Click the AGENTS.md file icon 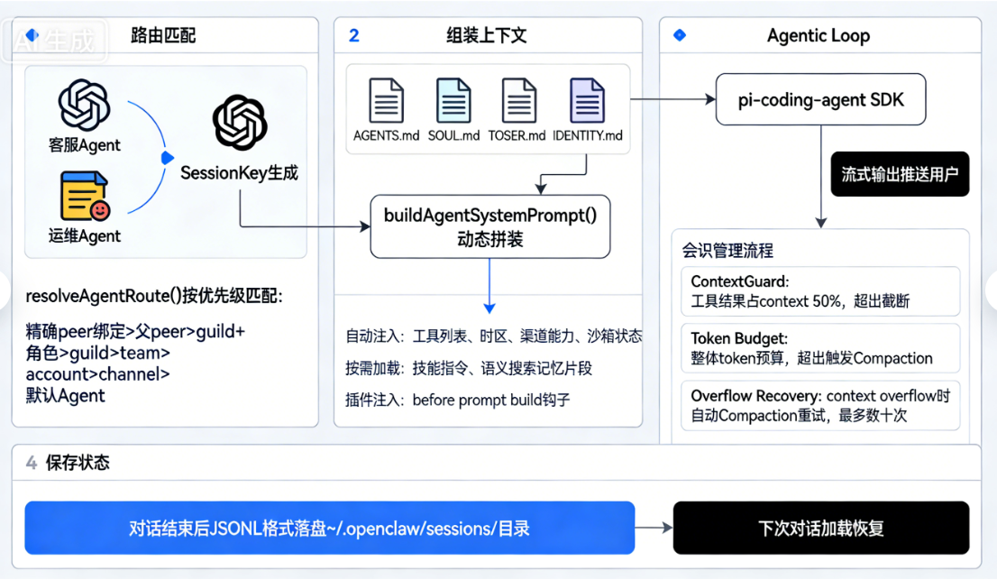click(x=386, y=100)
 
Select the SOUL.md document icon click(x=453, y=100)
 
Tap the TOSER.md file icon click(x=518, y=100)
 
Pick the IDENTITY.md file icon click(x=587, y=100)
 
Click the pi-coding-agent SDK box click(x=820, y=99)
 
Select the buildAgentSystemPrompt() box click(x=490, y=226)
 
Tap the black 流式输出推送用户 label click(x=900, y=174)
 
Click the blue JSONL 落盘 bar click(x=329, y=528)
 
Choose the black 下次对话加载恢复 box click(x=820, y=528)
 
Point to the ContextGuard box click(x=819, y=291)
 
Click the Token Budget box click(x=819, y=348)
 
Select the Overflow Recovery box click(x=819, y=405)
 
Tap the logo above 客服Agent click(x=84, y=106)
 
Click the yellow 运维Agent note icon click(x=85, y=197)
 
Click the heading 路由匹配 click(x=163, y=36)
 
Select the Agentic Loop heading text click(x=819, y=36)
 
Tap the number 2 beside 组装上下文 click(x=354, y=36)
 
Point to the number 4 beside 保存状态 click(x=32, y=463)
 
